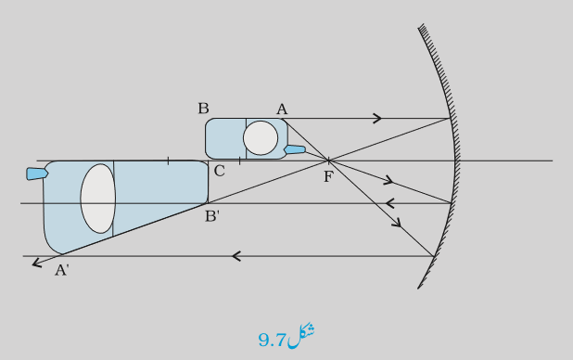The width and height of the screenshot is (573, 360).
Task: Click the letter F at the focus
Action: (328, 176)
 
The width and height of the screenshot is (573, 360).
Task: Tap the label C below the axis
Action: (219, 171)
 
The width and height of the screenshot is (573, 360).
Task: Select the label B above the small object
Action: (203, 109)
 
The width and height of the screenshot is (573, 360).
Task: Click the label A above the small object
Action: (282, 109)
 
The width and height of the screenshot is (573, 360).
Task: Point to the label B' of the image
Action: (212, 216)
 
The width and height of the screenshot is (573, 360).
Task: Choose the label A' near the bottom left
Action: (62, 270)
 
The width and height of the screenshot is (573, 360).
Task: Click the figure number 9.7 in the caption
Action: (272, 341)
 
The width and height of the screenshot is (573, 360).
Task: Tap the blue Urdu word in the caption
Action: (300, 336)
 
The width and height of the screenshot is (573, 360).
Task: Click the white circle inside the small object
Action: (261, 138)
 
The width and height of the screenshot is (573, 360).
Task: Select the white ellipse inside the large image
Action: (98, 199)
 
